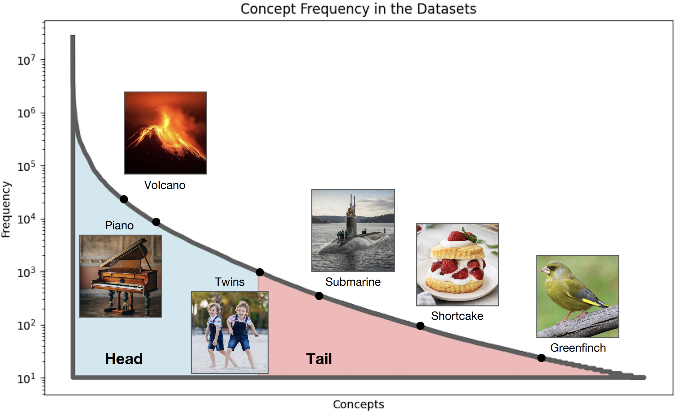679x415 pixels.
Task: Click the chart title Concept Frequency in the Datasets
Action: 358,9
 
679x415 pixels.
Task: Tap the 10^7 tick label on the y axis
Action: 26,60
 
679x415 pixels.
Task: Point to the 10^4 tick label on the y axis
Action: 26,219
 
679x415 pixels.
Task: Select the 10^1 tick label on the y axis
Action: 26,378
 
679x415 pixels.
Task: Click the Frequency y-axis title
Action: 6,209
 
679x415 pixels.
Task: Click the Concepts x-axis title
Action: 358,404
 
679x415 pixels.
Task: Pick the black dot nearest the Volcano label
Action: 124,199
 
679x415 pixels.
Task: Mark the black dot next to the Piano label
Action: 156,222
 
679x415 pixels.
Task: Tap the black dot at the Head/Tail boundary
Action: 260,272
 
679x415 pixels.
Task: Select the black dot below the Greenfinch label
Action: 541,358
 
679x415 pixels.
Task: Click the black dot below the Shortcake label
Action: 420,326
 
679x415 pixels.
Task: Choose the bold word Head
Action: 124,359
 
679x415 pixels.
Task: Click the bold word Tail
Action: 319,359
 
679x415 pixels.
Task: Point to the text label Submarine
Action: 353,282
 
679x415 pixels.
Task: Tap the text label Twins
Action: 230,282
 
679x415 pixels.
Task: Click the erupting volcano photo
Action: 165,133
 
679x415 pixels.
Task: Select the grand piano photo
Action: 120,276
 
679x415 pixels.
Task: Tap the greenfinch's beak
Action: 544,270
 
